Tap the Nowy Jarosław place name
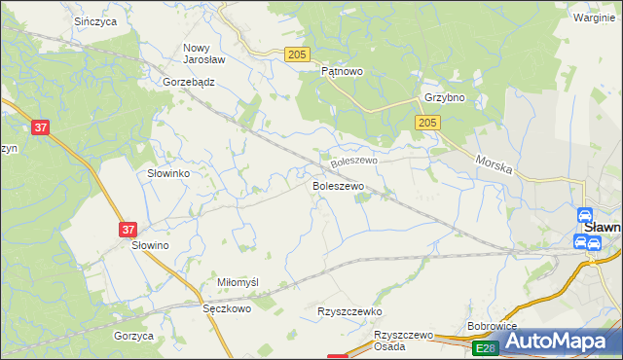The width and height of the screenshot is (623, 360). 204,53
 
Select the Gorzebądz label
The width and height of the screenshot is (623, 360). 189,83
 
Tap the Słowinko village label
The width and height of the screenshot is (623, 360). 167,172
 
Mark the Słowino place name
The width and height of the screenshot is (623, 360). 151,247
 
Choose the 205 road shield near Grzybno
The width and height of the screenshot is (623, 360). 427,123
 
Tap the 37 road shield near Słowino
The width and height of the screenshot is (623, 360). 129,230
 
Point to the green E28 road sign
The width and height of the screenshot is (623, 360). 485,347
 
